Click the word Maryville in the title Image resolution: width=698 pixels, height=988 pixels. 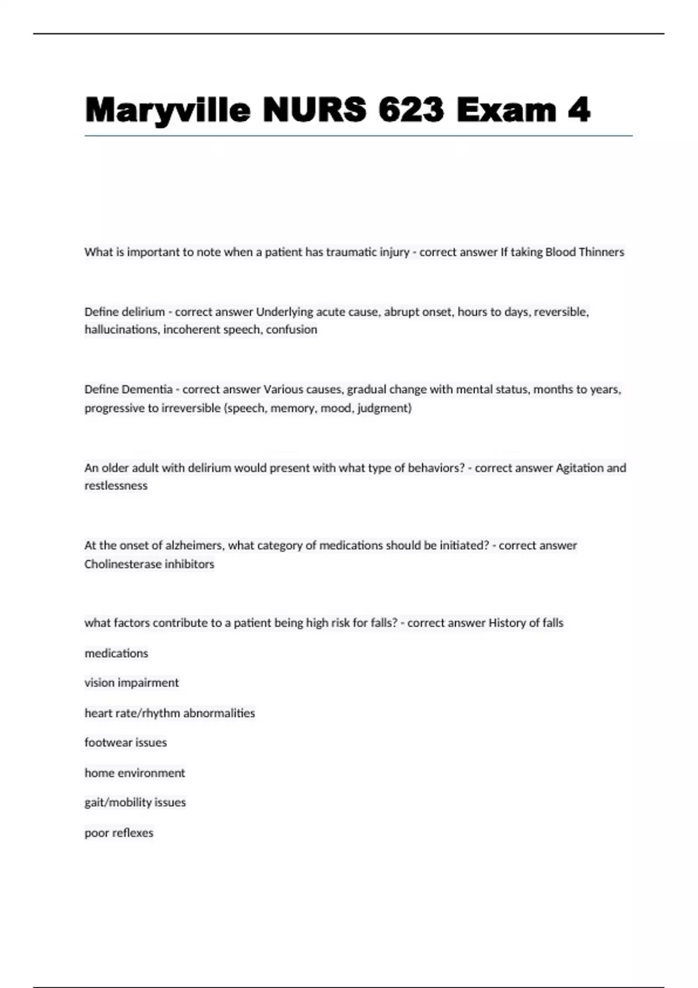pyautogui.click(x=168, y=110)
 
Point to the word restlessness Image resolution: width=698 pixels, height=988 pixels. pyautogui.click(x=116, y=486)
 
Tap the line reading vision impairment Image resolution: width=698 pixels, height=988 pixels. pyautogui.click(x=131, y=683)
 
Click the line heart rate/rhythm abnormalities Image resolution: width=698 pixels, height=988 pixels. pyautogui.click(x=169, y=713)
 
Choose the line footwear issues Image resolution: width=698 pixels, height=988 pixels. pyautogui.click(x=126, y=743)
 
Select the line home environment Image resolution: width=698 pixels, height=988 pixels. pyautogui.click(x=134, y=773)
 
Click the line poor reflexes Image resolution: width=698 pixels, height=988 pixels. pyautogui.click(x=119, y=833)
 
